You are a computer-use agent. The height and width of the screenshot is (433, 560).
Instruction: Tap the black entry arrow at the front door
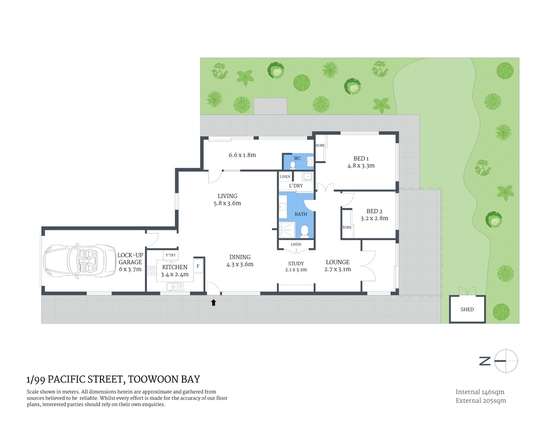coord(213,302)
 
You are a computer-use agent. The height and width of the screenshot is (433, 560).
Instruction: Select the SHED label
coord(467,309)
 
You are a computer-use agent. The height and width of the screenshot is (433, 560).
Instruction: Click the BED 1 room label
coord(360,159)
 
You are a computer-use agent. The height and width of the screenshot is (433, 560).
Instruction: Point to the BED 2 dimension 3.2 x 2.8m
coord(374,218)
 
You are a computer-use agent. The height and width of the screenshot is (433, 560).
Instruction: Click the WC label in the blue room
coord(297,159)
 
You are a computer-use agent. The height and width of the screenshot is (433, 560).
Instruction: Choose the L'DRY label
coord(296,186)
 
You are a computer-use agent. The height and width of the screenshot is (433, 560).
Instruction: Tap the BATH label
coord(300,214)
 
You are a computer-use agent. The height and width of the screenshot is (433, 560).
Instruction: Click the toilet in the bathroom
coord(304,231)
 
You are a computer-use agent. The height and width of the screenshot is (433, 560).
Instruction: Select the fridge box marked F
coord(198,265)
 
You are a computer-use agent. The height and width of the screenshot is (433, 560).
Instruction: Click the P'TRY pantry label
coord(164,255)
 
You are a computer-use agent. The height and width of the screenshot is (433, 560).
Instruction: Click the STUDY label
coord(296,263)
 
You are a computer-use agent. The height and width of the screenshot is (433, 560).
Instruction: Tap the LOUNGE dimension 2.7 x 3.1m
coord(337,269)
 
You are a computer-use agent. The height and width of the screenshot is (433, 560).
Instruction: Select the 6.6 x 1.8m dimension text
coord(242,155)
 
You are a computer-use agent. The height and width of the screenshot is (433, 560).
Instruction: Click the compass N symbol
coord(484,361)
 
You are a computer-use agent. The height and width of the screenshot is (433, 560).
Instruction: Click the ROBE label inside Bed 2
coord(346,227)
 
